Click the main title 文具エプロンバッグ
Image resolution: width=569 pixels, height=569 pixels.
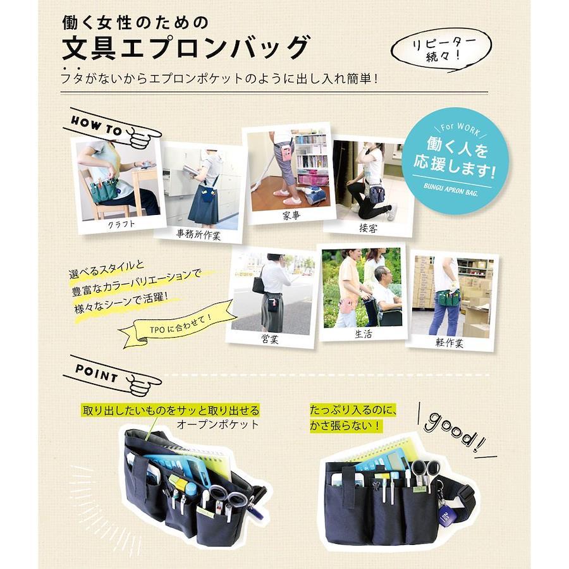[x=187, y=47]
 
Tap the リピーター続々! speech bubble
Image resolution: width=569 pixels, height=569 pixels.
[x=441, y=49]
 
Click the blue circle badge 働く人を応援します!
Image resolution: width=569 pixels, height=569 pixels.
[x=455, y=161]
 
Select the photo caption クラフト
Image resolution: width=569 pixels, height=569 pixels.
[x=121, y=224]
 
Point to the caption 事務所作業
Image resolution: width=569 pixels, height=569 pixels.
[x=198, y=235]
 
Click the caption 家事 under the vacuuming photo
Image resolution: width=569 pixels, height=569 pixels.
[x=291, y=216]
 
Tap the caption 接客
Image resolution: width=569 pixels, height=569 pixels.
[x=368, y=228]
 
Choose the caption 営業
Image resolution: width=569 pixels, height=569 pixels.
[x=270, y=339]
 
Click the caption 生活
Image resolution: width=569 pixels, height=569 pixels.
[x=364, y=333]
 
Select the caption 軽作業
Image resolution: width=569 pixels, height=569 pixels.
[x=450, y=343]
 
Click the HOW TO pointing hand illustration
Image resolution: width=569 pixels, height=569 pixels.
[x=113, y=128]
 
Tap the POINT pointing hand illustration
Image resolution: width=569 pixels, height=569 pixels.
[x=113, y=376]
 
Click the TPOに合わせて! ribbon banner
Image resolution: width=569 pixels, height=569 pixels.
[x=178, y=324]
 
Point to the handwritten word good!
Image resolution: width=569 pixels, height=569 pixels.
[x=455, y=432]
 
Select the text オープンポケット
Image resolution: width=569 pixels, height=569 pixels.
[x=217, y=424]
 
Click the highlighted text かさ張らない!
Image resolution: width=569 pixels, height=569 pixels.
[x=346, y=425]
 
